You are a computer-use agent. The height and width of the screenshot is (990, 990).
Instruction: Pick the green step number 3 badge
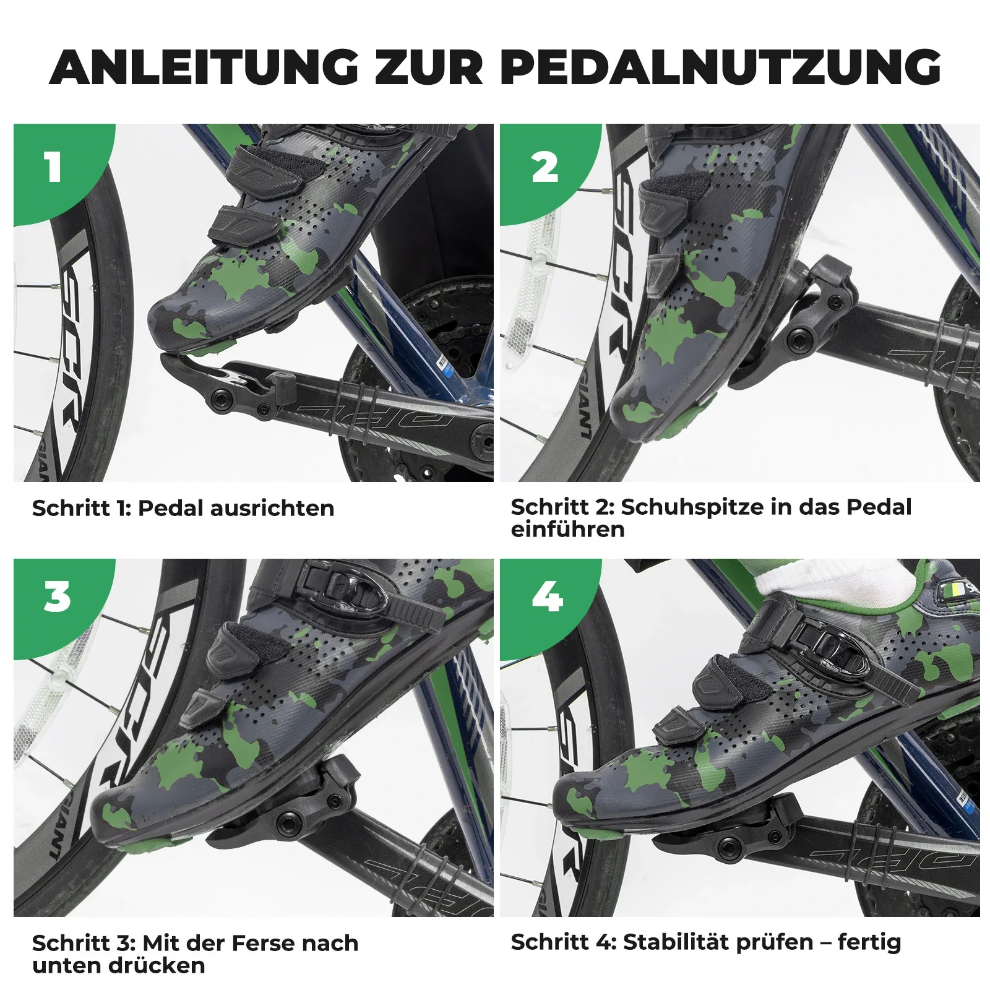(x=57, y=598)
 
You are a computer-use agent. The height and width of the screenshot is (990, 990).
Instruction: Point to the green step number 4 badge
(x=547, y=598)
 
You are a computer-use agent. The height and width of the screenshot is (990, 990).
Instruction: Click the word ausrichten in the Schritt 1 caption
(x=272, y=508)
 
